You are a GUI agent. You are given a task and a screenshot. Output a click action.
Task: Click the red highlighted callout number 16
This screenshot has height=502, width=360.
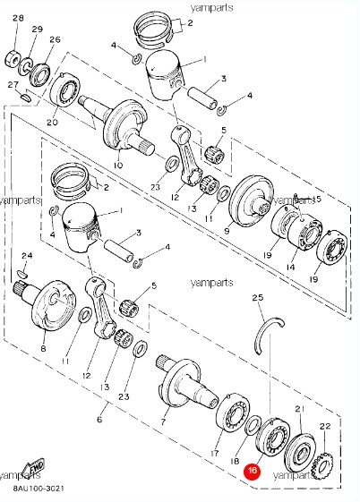[x=253, y=469]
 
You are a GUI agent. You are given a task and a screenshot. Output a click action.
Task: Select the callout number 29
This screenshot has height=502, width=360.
[x=37, y=30]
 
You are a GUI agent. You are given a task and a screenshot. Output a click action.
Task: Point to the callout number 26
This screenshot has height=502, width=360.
[x=55, y=40]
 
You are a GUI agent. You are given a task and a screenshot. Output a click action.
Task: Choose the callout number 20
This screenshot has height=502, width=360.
[x=52, y=122]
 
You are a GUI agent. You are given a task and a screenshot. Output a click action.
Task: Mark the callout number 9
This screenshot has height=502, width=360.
[x=227, y=230]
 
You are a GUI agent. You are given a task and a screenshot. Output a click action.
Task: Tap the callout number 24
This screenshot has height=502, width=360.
[x=27, y=256]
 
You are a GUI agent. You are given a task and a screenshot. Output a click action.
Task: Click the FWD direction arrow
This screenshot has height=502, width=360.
[x=34, y=469]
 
